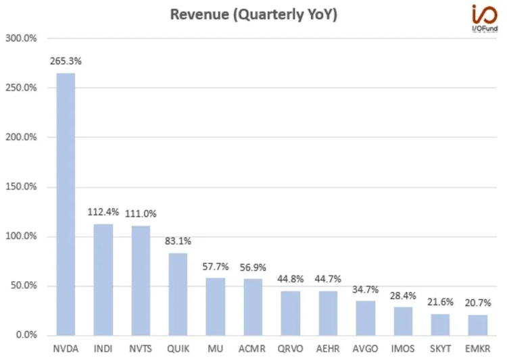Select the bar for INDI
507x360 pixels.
click(103, 280)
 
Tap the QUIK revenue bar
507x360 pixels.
click(178, 294)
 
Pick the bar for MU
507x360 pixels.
click(216, 307)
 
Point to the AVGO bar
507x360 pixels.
click(364, 317)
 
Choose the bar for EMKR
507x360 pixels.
click(477, 325)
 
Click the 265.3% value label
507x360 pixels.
click(66, 61)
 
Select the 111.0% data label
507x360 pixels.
click(141, 213)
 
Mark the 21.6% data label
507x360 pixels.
click(440, 302)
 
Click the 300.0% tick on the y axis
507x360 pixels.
click(21, 38)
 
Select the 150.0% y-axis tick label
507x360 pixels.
click(21, 186)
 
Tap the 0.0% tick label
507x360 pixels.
click(25, 335)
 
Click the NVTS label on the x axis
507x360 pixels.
click(141, 349)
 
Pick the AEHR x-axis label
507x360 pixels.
click(328, 349)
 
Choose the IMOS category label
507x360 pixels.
click(402, 349)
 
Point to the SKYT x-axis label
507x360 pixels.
click(440, 349)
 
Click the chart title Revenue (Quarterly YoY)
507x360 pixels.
click(253, 15)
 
